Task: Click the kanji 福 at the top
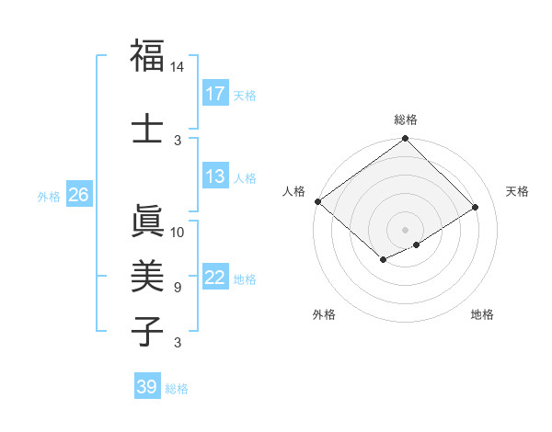pos(147,56)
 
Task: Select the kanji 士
pos(147,127)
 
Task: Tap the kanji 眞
pos(147,222)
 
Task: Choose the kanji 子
pos(147,330)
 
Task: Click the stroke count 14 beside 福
pos(178,67)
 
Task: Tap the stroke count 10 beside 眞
pos(178,232)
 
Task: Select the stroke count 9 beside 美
pos(178,287)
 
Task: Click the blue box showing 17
pos(215,94)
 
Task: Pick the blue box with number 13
pos(215,176)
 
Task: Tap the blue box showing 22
pos(215,279)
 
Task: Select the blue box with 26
pos(78,195)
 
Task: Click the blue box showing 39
pos(146,387)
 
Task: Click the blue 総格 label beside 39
pos(177,389)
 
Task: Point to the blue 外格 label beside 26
pos(49,196)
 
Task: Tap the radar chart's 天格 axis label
pos(517,191)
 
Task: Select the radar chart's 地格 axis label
pos(482,314)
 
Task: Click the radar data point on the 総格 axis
pos(405,140)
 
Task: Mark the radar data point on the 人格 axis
pos(317,201)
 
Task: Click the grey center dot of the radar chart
pos(405,228)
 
